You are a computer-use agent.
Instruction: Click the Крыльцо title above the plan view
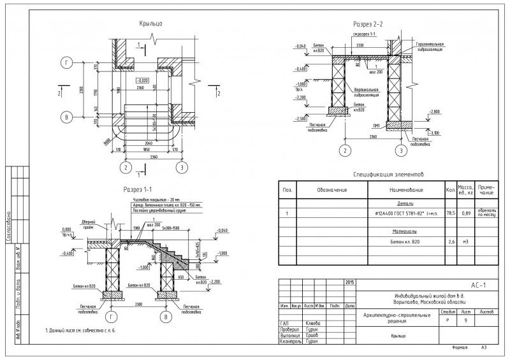click(x=151, y=24)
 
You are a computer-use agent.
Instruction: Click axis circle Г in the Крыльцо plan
click(x=66, y=62)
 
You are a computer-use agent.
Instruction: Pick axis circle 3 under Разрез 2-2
click(x=400, y=150)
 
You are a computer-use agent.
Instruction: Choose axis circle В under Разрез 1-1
click(x=167, y=317)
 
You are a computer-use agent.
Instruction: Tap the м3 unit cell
click(x=465, y=242)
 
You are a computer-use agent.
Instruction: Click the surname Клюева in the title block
click(x=312, y=324)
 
